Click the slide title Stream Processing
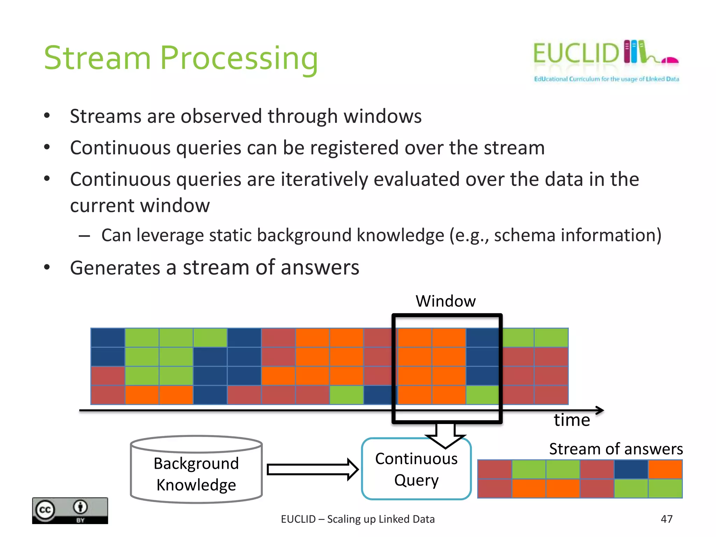click(181, 58)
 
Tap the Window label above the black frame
click(445, 301)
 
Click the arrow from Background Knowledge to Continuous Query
click(312, 470)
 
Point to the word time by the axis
click(572, 420)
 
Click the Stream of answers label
click(616, 449)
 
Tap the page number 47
click(666, 519)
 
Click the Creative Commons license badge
click(70, 510)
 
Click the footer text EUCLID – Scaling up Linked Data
click(358, 519)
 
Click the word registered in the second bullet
click(354, 148)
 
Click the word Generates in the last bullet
click(115, 268)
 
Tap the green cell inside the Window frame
click(482, 395)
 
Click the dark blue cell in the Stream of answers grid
click(631, 469)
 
